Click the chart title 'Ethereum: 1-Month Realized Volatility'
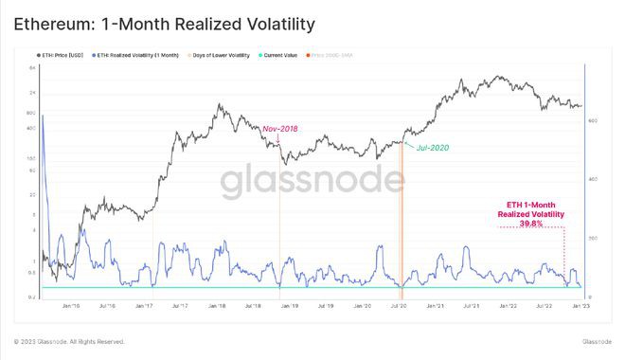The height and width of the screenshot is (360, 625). click(163, 22)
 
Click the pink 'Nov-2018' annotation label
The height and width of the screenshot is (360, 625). click(281, 128)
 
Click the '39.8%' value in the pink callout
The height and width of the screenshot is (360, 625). click(531, 224)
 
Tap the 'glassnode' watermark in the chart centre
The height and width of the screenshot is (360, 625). click(312, 182)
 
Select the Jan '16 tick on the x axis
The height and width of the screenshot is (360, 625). click(71, 306)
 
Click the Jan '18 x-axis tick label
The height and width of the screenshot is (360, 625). click(217, 306)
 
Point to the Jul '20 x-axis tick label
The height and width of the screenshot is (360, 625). click(399, 306)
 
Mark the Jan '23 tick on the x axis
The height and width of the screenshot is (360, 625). click(580, 306)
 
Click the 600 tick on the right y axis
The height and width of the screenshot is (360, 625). click(593, 120)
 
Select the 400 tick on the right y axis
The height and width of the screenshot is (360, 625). click(593, 179)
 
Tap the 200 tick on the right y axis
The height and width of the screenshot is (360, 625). click(593, 238)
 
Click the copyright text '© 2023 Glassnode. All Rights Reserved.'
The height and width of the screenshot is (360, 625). click(69, 341)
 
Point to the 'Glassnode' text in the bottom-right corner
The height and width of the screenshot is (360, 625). click(597, 341)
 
